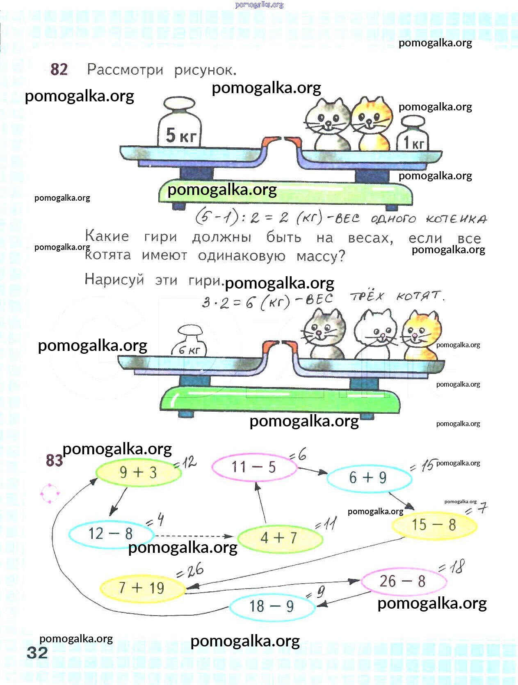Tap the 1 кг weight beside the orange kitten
click(x=412, y=133)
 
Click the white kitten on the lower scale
click(x=376, y=334)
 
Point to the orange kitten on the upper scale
click(x=372, y=124)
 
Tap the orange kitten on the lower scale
click(x=421, y=335)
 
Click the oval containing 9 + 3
click(x=139, y=472)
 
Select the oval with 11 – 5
click(x=254, y=467)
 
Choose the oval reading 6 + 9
click(x=369, y=478)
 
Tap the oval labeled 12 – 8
click(x=111, y=534)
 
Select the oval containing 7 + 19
click(x=142, y=588)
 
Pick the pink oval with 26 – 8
click(x=404, y=582)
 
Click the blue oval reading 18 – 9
click(x=272, y=607)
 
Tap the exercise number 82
click(x=59, y=69)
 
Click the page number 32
click(x=37, y=653)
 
